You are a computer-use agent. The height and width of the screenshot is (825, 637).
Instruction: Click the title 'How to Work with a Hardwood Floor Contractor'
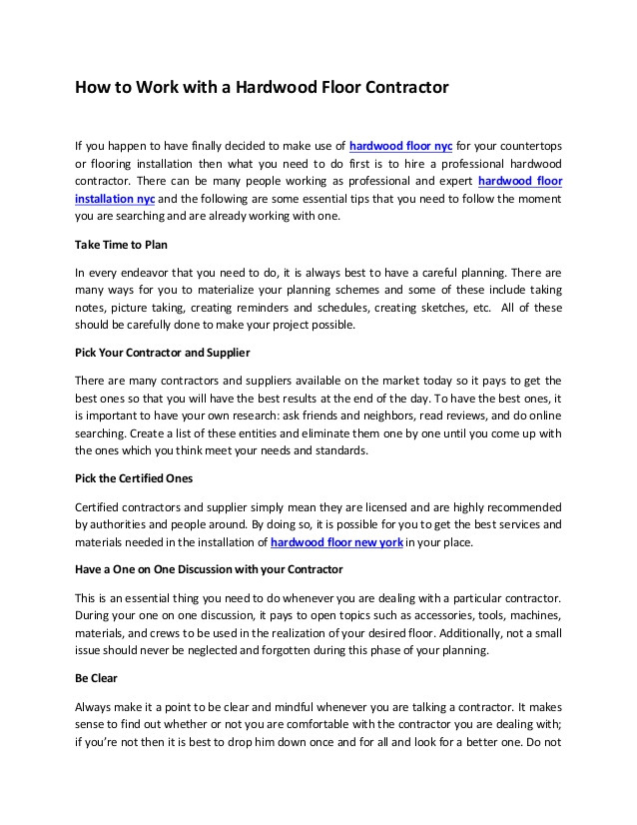pyautogui.click(x=263, y=88)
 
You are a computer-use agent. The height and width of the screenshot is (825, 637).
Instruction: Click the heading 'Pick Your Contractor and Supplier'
pyautogui.click(x=163, y=353)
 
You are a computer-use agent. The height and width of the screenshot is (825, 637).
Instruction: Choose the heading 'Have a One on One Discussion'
pyautogui.click(x=209, y=569)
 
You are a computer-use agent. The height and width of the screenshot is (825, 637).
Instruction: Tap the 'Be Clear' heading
pyautogui.click(x=97, y=677)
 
